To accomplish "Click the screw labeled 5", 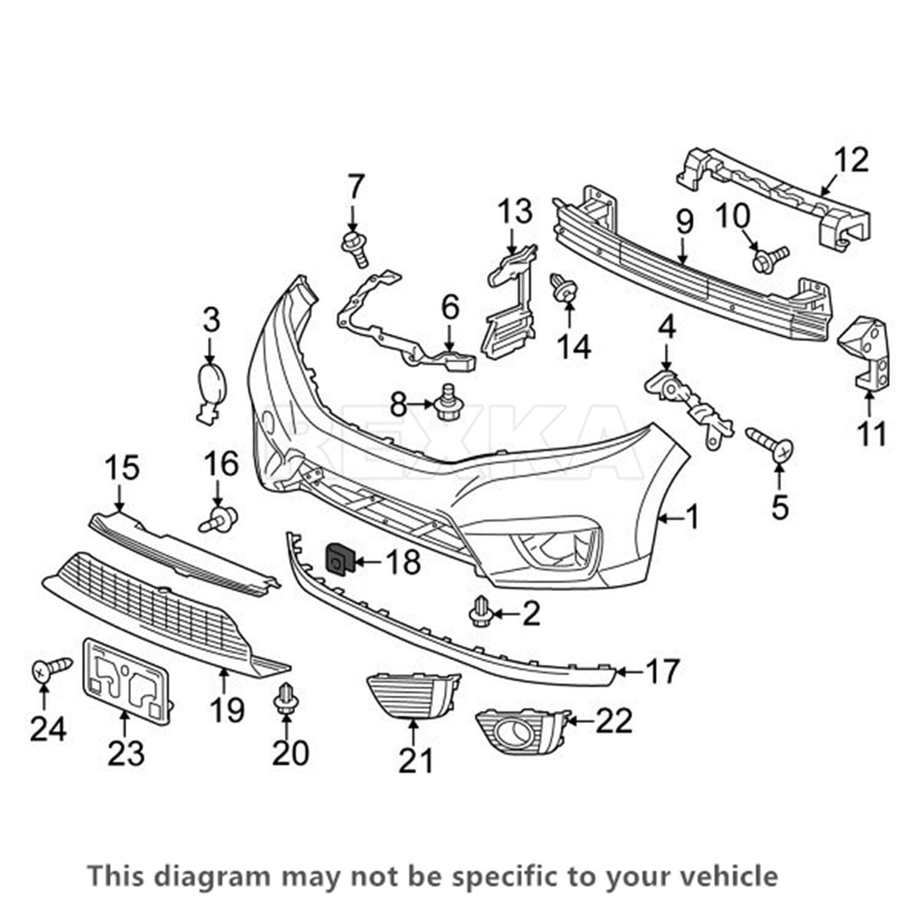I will pyautogui.click(x=770, y=443).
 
